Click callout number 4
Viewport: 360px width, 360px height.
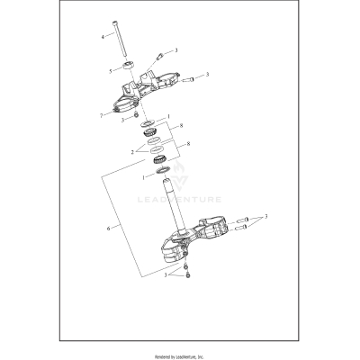pyautogui.click(x=103, y=37)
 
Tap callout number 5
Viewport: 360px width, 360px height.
pyautogui.click(x=110, y=70)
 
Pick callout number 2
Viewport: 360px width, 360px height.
pyautogui.click(x=133, y=152)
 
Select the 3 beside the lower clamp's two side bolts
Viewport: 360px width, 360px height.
pyautogui.click(x=265, y=218)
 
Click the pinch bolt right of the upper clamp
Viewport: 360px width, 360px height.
pyautogui.click(x=188, y=80)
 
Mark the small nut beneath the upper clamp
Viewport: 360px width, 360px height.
pyautogui.click(x=134, y=118)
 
